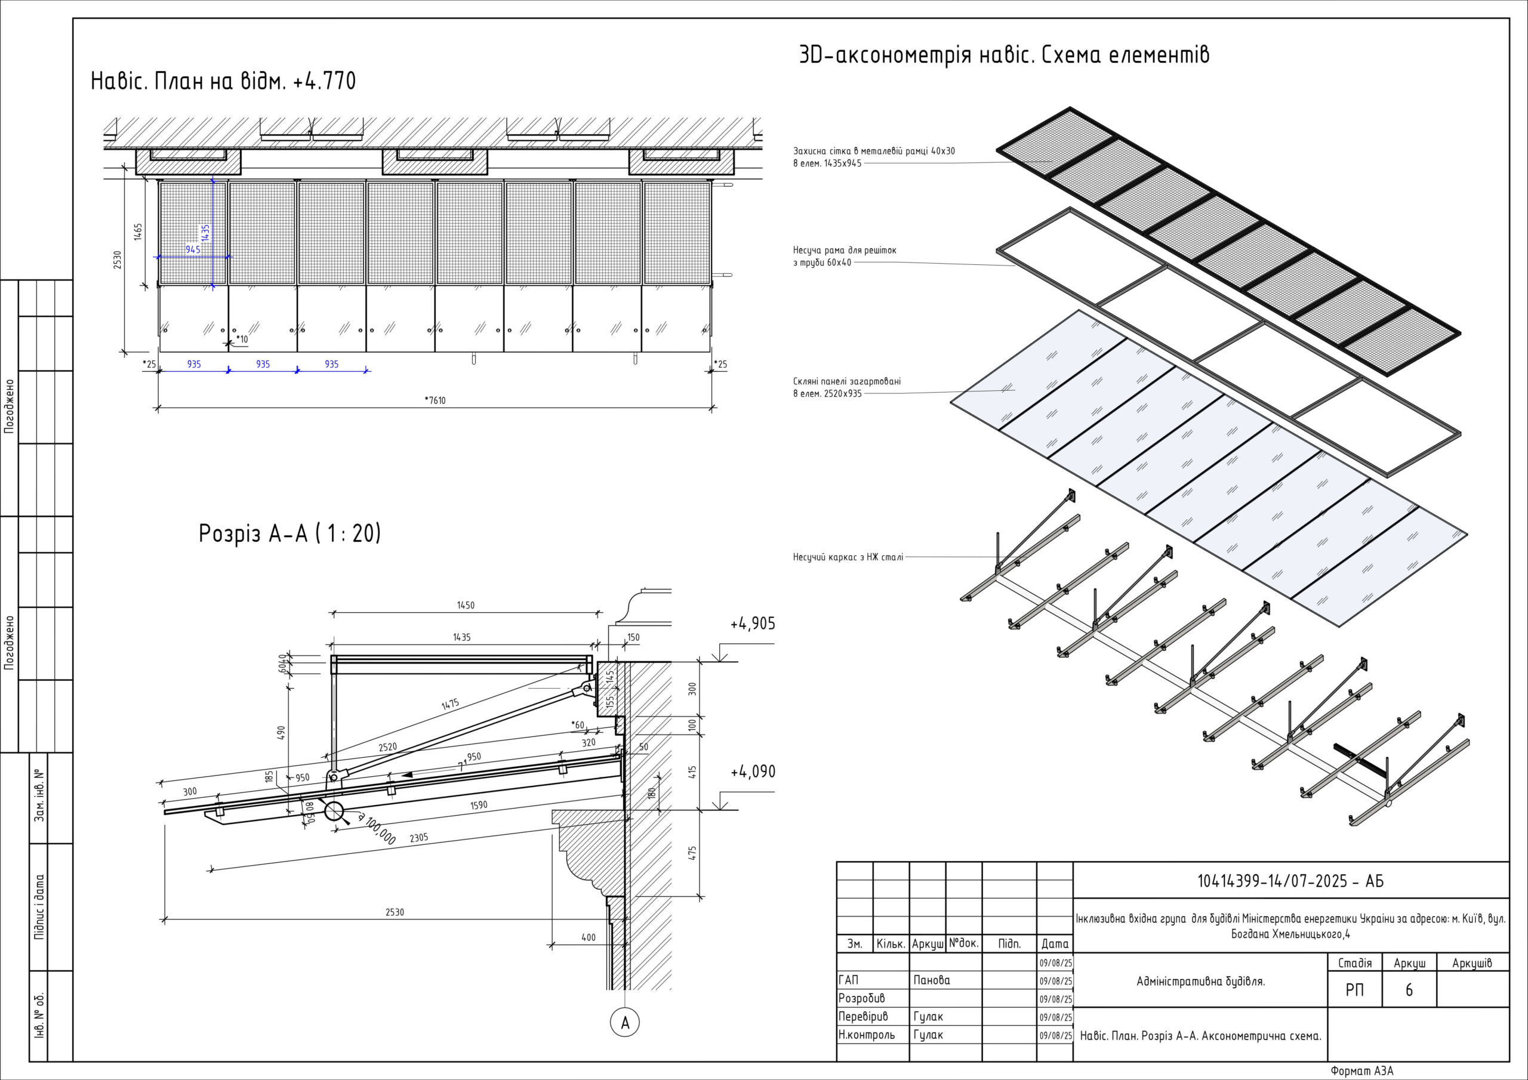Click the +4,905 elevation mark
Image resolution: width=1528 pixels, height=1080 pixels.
pos(752,624)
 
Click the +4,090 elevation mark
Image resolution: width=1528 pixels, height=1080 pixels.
pos(752,772)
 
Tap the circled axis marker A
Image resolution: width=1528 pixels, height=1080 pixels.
pos(624,1023)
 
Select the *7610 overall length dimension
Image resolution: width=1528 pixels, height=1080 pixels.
pos(435,400)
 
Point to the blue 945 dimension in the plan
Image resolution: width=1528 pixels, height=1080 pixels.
pos(193,249)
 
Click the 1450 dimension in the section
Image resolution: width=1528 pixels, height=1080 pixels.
pos(466,606)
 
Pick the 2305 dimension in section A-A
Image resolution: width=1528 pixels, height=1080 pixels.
pos(418,838)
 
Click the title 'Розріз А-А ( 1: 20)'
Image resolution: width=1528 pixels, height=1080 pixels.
pos(289,533)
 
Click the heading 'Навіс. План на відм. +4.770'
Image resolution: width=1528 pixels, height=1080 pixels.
pos(223,81)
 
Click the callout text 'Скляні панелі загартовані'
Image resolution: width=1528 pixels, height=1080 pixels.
pos(846,381)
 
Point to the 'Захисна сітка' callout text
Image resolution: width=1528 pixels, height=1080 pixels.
pos(873,151)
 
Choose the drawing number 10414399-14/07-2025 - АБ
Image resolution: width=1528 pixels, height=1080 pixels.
pos(1290,881)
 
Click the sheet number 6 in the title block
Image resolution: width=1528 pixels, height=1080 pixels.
pos(1409,990)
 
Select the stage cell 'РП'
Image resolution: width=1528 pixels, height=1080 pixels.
pos(1354,990)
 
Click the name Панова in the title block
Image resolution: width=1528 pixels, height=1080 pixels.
pos(932,980)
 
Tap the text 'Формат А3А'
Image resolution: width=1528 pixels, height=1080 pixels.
pos(1361,1070)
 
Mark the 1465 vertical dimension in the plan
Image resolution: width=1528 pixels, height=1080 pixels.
pos(138,232)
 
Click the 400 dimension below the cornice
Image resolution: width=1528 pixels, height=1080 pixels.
pos(589,937)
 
